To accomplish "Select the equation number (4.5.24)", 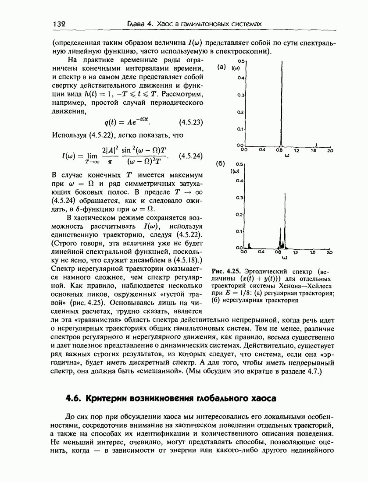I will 191,156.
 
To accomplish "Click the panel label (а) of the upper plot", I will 222,67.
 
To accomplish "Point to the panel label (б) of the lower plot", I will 221,163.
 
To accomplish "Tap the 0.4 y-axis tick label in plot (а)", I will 240,78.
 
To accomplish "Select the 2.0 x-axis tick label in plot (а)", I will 330,150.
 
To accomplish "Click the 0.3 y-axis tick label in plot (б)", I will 240,198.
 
